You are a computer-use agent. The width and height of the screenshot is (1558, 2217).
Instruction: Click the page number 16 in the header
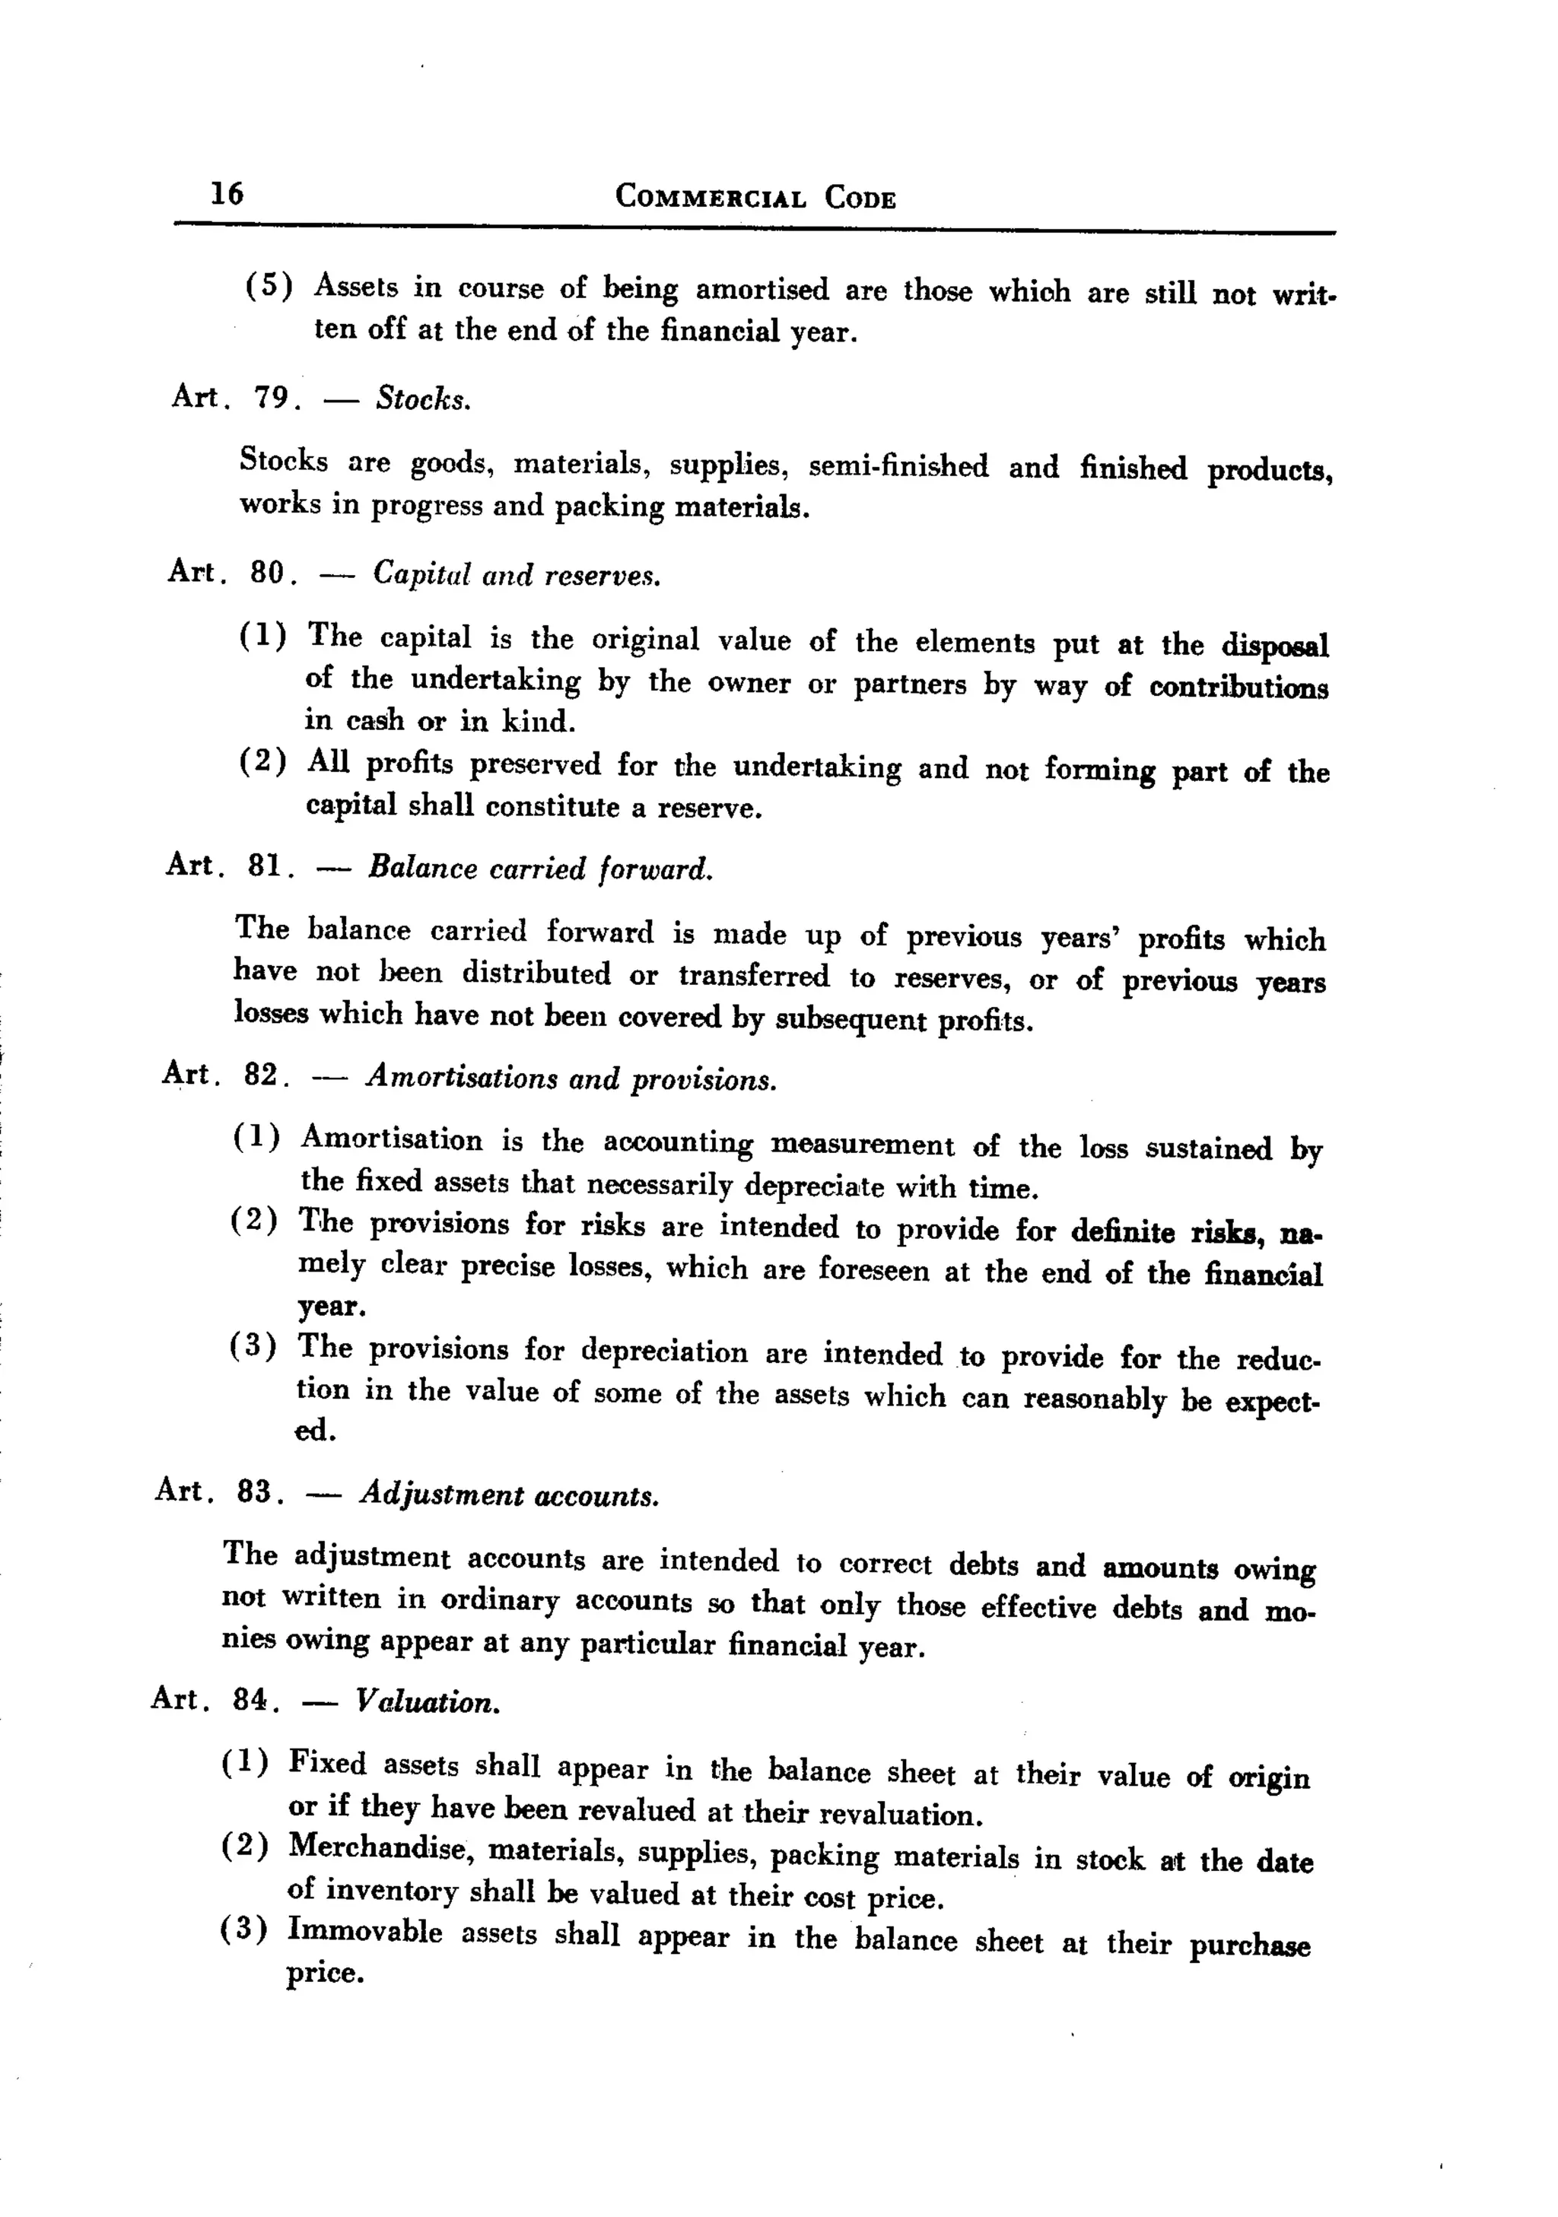click(x=228, y=193)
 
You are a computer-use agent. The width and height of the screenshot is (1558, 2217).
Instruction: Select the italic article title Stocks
click(x=423, y=398)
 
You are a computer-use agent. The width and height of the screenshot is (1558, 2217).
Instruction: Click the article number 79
click(x=272, y=397)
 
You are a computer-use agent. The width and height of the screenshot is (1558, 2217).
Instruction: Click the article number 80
click(x=268, y=573)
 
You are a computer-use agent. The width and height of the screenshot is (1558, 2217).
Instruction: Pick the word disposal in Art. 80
click(x=1275, y=645)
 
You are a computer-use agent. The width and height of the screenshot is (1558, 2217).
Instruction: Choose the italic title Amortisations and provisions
click(x=571, y=1078)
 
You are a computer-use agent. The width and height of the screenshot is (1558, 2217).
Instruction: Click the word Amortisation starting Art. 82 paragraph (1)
click(x=391, y=1139)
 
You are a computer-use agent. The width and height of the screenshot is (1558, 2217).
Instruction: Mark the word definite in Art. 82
click(x=1122, y=1231)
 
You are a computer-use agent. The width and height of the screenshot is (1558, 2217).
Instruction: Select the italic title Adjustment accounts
click(x=509, y=1496)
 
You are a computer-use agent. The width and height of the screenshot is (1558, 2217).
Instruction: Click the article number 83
click(x=254, y=1492)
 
